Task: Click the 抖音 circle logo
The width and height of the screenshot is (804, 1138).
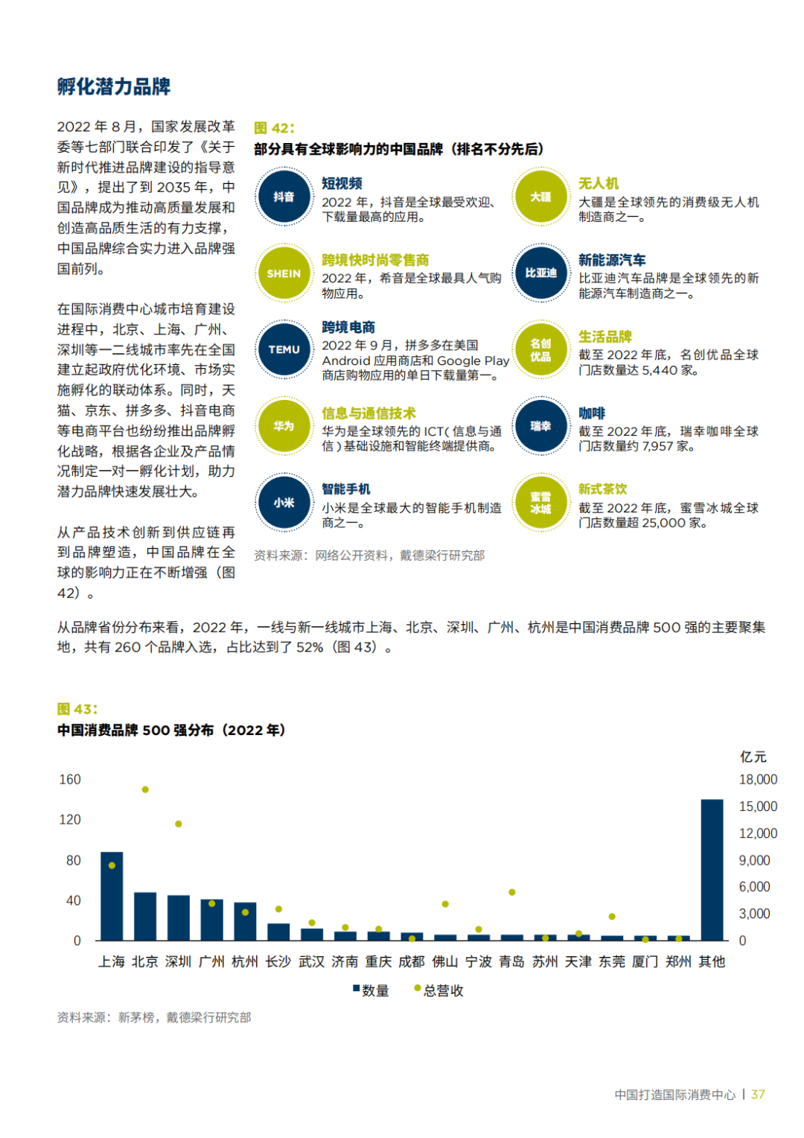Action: coord(284,197)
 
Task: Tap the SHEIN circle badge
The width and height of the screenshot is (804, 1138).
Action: coord(284,273)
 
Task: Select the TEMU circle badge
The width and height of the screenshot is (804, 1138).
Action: coord(284,349)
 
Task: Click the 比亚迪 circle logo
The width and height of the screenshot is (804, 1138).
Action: coord(540,273)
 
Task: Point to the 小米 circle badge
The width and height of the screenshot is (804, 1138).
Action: coord(284,503)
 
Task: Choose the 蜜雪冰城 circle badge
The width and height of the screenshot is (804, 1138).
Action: coord(540,503)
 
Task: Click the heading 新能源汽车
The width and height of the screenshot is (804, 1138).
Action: coord(612,260)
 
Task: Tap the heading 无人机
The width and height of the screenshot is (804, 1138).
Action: coord(599,183)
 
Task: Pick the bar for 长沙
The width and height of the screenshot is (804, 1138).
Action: coord(278,932)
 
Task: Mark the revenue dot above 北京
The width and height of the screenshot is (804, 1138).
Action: coord(145,789)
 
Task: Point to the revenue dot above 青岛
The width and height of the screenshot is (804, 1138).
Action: coord(512,892)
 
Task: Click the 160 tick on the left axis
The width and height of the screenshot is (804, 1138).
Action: coord(70,780)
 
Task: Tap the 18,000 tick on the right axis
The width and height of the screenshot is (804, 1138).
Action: coord(758,780)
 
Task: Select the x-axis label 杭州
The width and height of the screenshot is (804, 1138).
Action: coord(245,961)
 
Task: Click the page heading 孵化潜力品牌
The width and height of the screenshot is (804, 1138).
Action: coord(114,86)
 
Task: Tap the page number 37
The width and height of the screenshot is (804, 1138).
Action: coord(758,1094)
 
